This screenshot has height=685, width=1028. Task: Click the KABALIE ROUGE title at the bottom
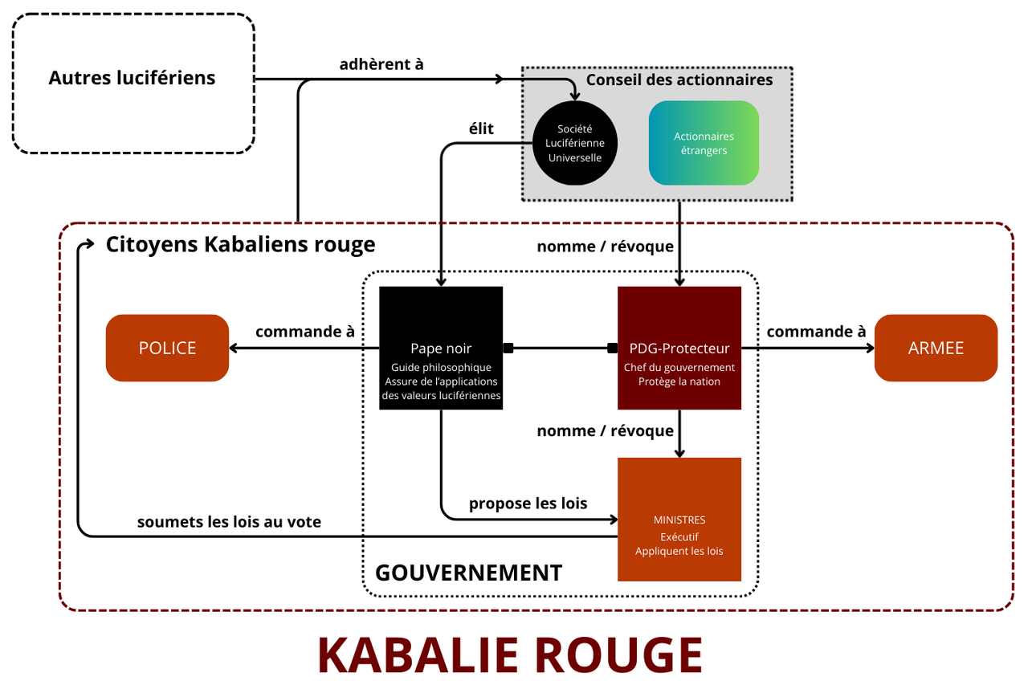[510, 655]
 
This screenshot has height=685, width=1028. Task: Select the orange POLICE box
[167, 348]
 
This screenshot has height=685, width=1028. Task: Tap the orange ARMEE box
[936, 348]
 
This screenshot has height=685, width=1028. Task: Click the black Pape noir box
[441, 348]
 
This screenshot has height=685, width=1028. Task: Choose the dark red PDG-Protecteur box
[679, 348]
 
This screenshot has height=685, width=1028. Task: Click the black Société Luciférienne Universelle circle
[575, 143]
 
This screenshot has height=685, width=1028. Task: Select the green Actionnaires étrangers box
[704, 143]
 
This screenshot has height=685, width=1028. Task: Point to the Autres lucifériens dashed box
[133, 83]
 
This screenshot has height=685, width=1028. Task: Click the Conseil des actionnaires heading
[679, 80]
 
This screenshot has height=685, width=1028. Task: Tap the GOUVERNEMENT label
[468, 573]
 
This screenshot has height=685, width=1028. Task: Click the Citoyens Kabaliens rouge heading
[240, 244]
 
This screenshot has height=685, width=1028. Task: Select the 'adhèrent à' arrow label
[381, 64]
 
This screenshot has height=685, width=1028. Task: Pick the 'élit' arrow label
[481, 128]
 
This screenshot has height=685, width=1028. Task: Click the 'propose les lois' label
[528, 504]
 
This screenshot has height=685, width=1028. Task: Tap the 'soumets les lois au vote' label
[229, 522]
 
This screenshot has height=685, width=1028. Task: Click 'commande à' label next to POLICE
[305, 332]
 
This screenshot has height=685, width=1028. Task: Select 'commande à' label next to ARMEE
[816, 332]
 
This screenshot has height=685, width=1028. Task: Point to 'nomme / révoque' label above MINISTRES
[605, 431]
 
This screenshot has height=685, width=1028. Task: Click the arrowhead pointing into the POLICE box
[235, 348]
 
